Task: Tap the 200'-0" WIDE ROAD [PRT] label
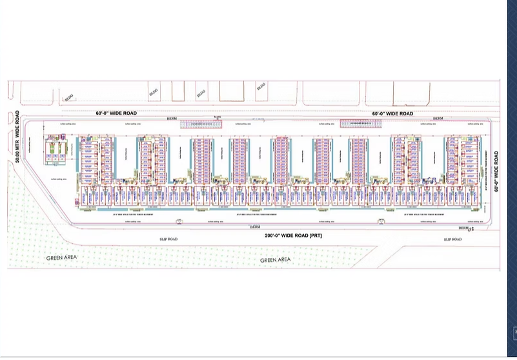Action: (293, 235)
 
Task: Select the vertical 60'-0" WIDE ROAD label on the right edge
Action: (496, 171)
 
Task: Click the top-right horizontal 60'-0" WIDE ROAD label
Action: (392, 114)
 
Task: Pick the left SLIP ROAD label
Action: (168, 239)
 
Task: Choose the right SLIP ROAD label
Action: (452, 239)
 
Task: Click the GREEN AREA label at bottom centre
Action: (275, 259)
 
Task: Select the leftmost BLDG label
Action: (69, 97)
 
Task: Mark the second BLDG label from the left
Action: (153, 93)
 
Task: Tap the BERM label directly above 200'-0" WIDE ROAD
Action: (255, 228)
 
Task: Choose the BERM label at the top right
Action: (438, 119)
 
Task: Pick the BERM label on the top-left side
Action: (172, 119)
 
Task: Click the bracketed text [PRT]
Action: (315, 235)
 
